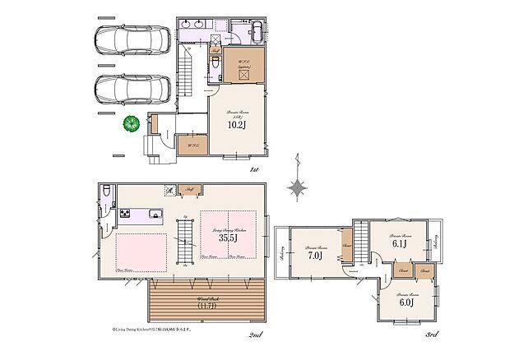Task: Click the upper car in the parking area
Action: click(128, 40)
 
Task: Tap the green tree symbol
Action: click(130, 125)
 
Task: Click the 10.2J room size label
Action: click(236, 126)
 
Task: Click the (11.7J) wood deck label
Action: click(206, 305)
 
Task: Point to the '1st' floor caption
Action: click(254, 169)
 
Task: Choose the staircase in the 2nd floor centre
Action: click(186, 242)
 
